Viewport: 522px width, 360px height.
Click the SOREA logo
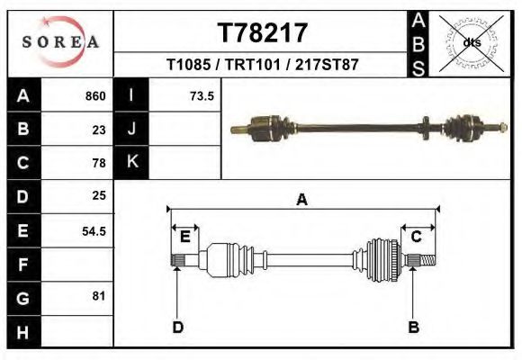[60, 42]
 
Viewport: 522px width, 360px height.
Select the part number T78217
[263, 33]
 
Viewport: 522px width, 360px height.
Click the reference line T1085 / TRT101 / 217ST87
[263, 66]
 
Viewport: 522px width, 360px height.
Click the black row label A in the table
[23, 95]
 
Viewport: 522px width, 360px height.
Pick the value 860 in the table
[95, 96]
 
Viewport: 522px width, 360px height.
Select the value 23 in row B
[99, 130]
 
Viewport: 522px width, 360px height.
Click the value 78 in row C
[99, 163]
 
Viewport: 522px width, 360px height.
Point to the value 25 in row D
[99, 196]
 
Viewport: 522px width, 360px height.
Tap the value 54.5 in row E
[94, 230]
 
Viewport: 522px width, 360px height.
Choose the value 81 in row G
[99, 295]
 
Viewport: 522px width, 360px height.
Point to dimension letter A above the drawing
[301, 200]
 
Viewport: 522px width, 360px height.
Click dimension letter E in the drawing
[185, 237]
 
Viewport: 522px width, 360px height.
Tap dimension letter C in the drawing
[417, 237]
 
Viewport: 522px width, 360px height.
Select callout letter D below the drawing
[178, 327]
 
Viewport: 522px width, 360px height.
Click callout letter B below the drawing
[414, 327]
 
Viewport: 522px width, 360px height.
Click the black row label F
[23, 265]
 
